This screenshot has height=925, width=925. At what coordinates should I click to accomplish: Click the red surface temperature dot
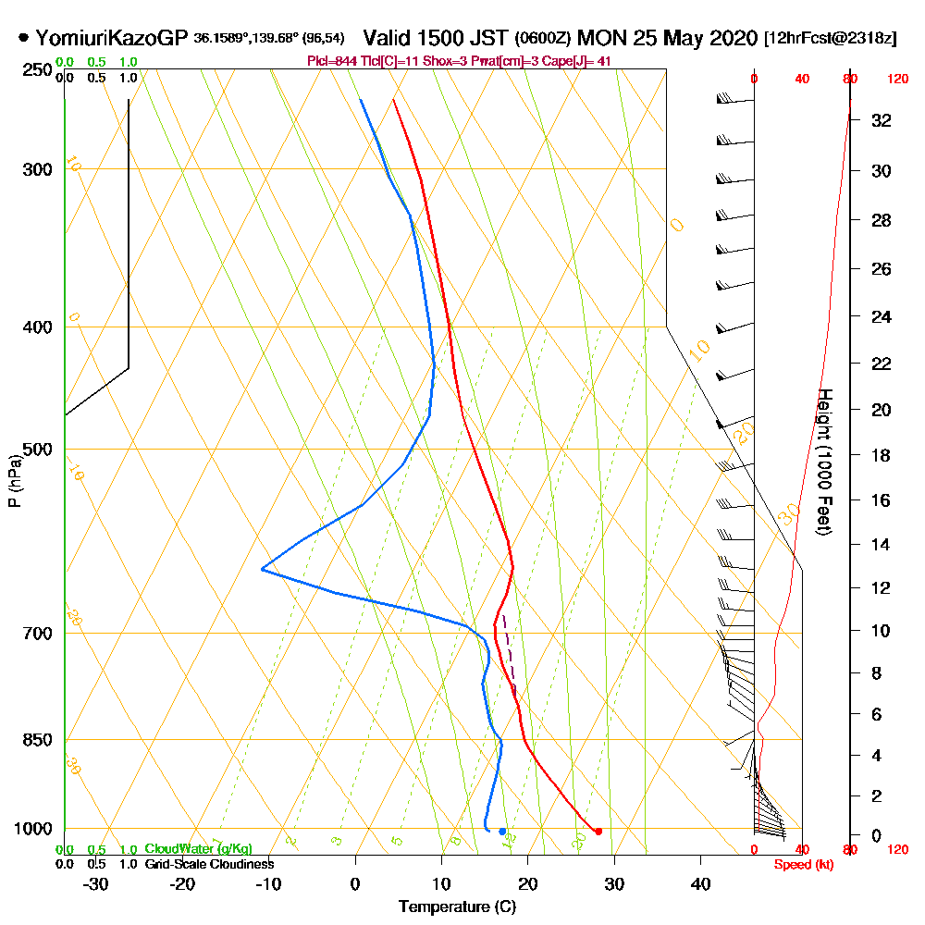pyautogui.click(x=598, y=831)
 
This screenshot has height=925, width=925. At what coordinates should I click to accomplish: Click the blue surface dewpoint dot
pyautogui.click(x=502, y=831)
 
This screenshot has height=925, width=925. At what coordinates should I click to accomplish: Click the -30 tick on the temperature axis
pyautogui.click(x=96, y=883)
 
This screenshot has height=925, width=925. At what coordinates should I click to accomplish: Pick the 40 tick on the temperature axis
pyautogui.click(x=701, y=883)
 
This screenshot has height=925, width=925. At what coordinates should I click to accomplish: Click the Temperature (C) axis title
pyautogui.click(x=456, y=906)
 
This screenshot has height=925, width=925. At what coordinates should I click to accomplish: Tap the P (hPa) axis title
pyautogui.click(x=14, y=480)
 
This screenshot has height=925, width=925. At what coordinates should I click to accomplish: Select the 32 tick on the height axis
pyautogui.click(x=882, y=120)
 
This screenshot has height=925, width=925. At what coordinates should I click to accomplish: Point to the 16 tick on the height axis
pyautogui.click(x=882, y=500)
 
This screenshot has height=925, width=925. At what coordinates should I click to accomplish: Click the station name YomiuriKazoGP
pyautogui.click(x=111, y=38)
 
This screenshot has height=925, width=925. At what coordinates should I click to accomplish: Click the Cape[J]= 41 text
pyautogui.click(x=582, y=61)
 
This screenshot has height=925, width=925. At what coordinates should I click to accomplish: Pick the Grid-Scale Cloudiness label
pyautogui.click(x=208, y=864)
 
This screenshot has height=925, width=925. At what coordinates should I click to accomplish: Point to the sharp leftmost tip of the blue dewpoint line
pyautogui.click(x=263, y=569)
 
